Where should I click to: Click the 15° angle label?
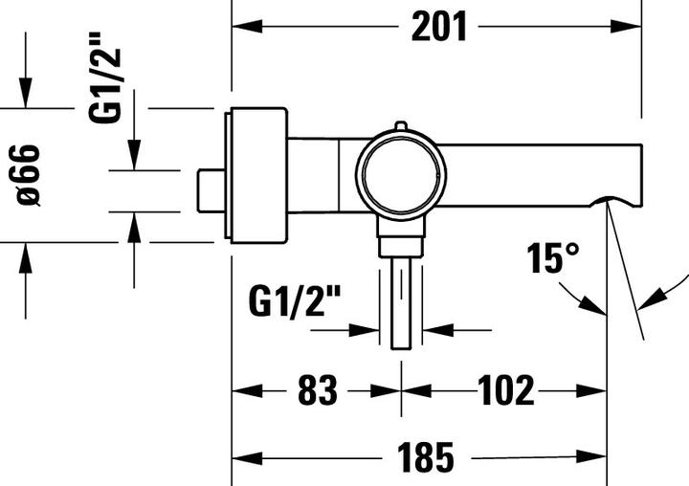click(x=552, y=258)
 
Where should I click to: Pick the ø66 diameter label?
click(x=27, y=174)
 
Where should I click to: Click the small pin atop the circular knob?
click(x=401, y=126)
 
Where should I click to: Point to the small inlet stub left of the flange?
click(x=210, y=191)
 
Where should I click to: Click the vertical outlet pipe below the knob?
click(x=401, y=301)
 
